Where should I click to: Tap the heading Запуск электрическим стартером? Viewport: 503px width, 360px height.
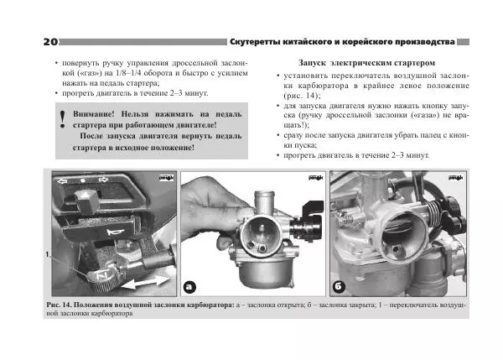pyautogui.click(x=366, y=63)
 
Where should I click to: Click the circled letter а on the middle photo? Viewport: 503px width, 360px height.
pyautogui.click(x=189, y=285)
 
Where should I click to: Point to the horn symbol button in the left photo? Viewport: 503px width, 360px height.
pyautogui.click(x=113, y=230)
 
